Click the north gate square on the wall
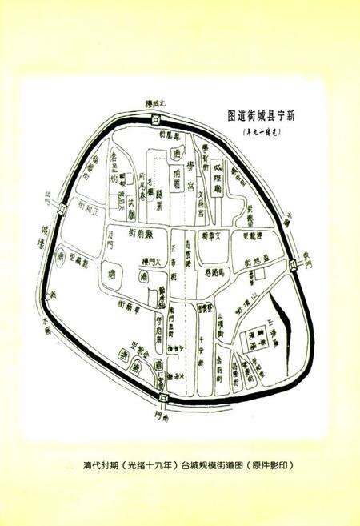pos(157,119)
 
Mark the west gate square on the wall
pos(62,211)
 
